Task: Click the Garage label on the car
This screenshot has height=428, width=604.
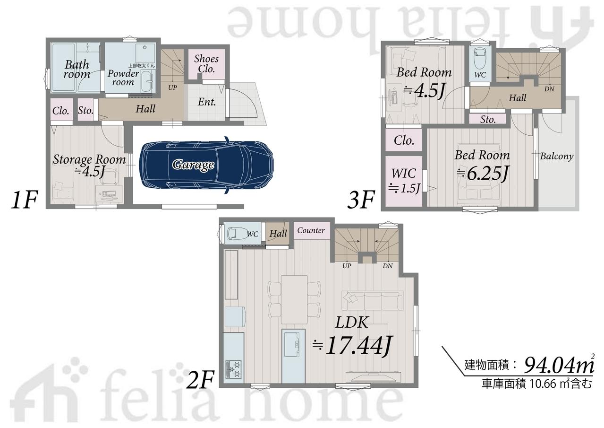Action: pos(193,165)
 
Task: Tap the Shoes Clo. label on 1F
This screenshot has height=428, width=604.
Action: pos(206,64)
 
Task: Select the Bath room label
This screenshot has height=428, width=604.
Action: pos(77,69)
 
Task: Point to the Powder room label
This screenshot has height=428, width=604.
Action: pos(123,78)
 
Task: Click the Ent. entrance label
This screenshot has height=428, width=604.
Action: pos(207,102)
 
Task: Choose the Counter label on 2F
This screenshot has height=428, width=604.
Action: pos(311,230)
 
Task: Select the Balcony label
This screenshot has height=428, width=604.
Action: pos(557,157)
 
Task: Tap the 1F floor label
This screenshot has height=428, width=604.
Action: pos(24,200)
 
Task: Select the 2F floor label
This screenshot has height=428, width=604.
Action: pos(200,379)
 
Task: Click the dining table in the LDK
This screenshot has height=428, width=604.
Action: pos(294,299)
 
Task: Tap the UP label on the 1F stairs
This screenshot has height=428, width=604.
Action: pos(172,87)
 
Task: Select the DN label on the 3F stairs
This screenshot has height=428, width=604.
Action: pos(549,89)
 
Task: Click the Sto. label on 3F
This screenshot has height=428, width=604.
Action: pos(488,119)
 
